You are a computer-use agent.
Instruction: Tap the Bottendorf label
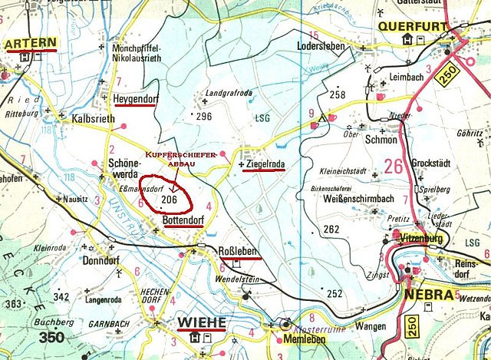[187, 222]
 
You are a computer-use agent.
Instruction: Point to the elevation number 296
[203, 117]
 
